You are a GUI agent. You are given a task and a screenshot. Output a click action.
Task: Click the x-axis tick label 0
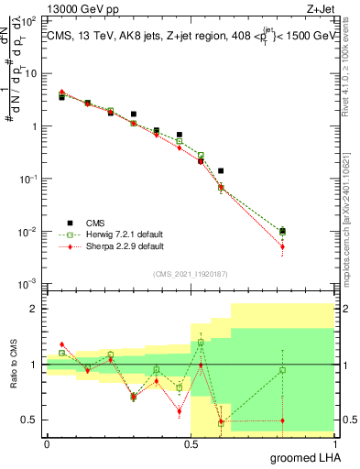[47, 444]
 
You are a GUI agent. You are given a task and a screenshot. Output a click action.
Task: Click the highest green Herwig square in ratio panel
[201, 343]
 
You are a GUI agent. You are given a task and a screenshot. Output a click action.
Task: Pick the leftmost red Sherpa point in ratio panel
[61, 344]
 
